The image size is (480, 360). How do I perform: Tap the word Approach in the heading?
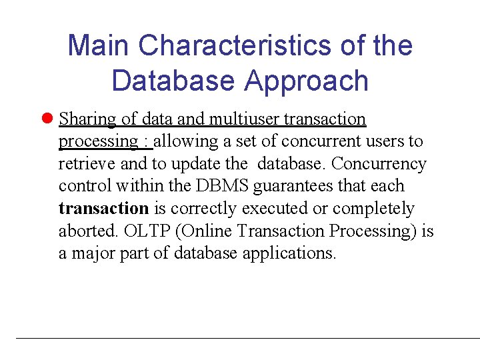pyautogui.click(x=306, y=81)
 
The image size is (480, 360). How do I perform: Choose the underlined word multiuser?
pyautogui.click(x=244, y=119)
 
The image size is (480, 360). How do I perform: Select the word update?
pyautogui.click(x=197, y=164)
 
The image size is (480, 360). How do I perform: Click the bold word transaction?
pyautogui.click(x=103, y=209)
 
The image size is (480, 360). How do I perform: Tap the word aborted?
pyautogui.click(x=85, y=231)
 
